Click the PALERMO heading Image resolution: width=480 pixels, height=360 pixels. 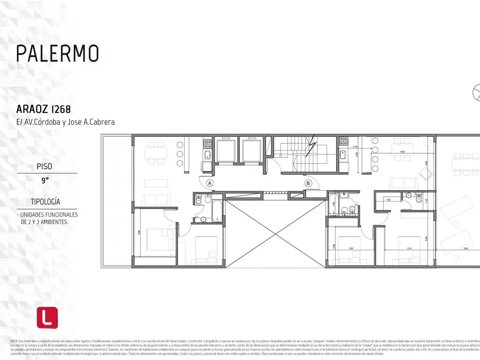(x=58, y=53)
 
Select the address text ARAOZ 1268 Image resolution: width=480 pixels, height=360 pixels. (x=43, y=110)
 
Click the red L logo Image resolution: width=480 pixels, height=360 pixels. (x=47, y=318)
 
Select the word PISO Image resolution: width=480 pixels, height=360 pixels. (x=45, y=166)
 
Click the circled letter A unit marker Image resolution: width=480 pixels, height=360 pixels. (x=210, y=183)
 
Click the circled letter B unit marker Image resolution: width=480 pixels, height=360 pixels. (x=308, y=183)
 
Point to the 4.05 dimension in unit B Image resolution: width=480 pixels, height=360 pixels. (x=402, y=152)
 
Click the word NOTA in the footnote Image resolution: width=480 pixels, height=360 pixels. (x=14, y=340)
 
